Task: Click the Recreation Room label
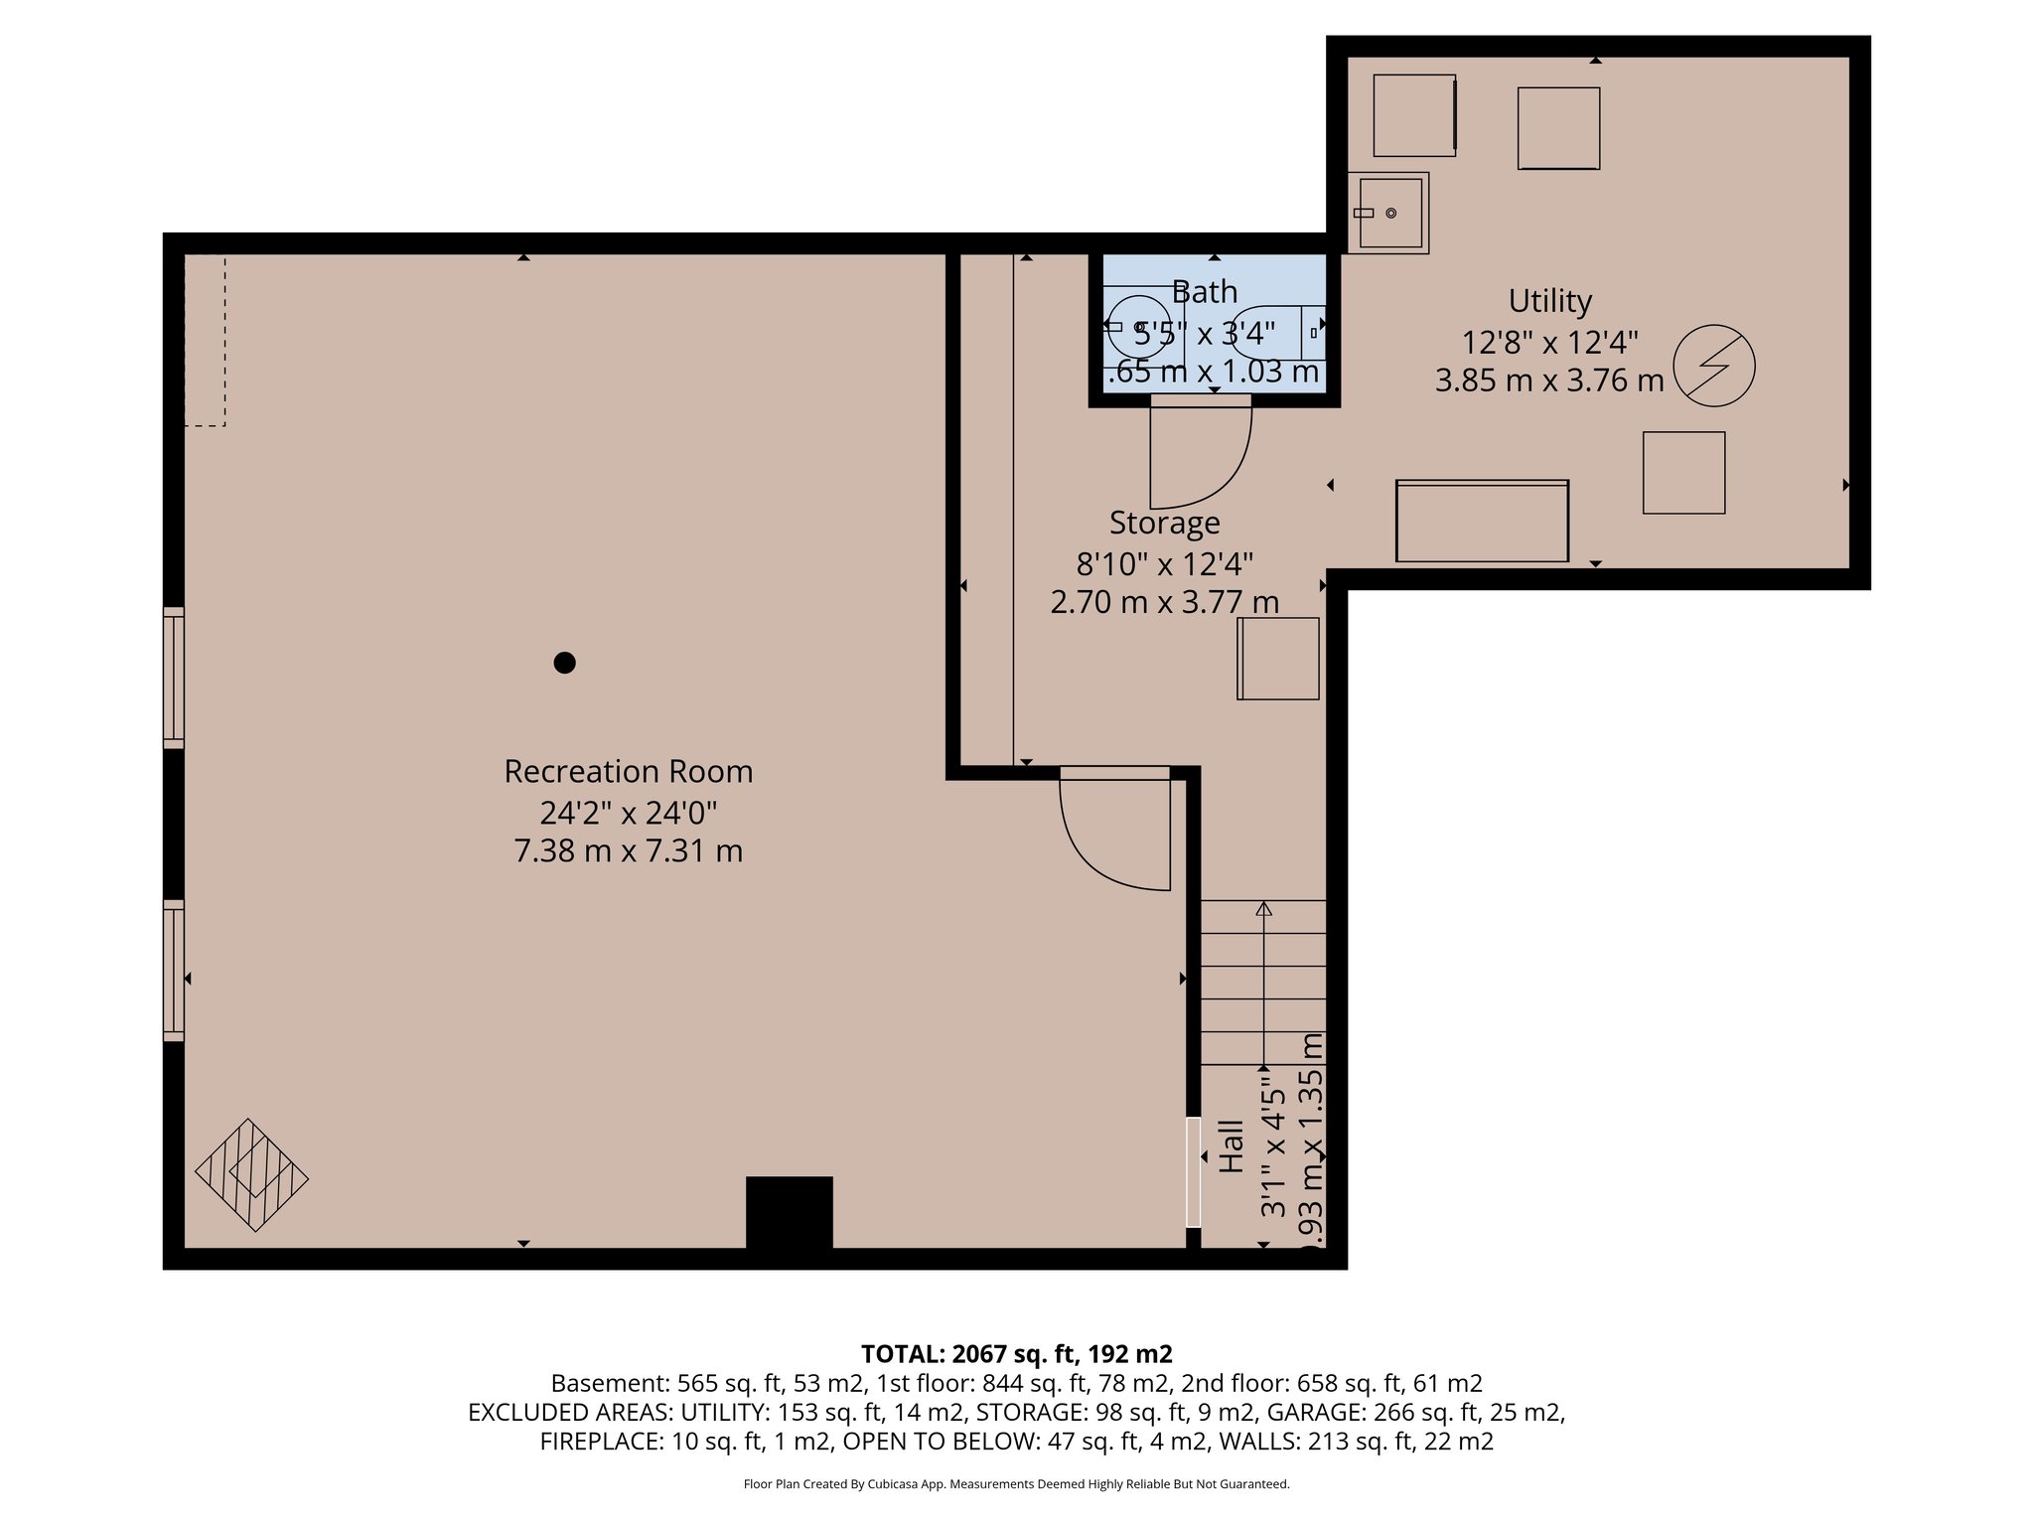(628, 772)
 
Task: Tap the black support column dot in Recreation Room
(564, 663)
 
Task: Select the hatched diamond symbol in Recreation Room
(252, 1176)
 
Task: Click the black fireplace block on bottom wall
(789, 1211)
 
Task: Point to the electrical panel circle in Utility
(1713, 366)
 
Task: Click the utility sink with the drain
(1389, 213)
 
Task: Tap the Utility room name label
(1549, 301)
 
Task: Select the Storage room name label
(1164, 523)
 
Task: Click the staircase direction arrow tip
(1263, 908)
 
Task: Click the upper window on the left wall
(174, 678)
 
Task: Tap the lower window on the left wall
(174, 971)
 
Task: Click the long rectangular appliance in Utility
(1482, 522)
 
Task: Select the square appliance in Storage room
(1278, 659)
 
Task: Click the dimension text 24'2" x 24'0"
(628, 813)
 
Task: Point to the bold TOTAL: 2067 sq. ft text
(1016, 1354)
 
